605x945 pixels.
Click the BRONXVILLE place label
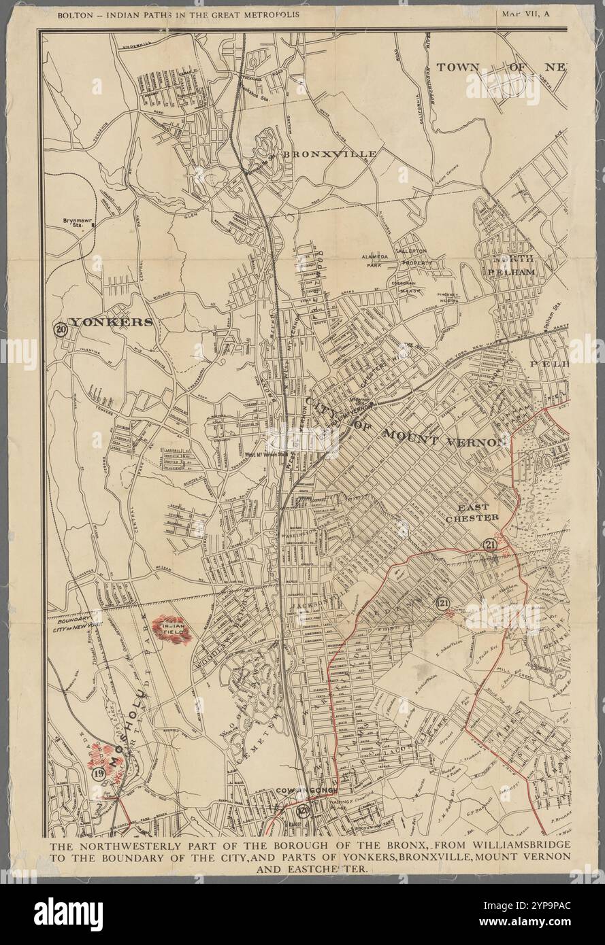point(329,154)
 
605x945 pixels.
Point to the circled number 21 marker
point(489,545)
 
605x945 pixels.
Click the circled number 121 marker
point(443,602)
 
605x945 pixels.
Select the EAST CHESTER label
point(472,512)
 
